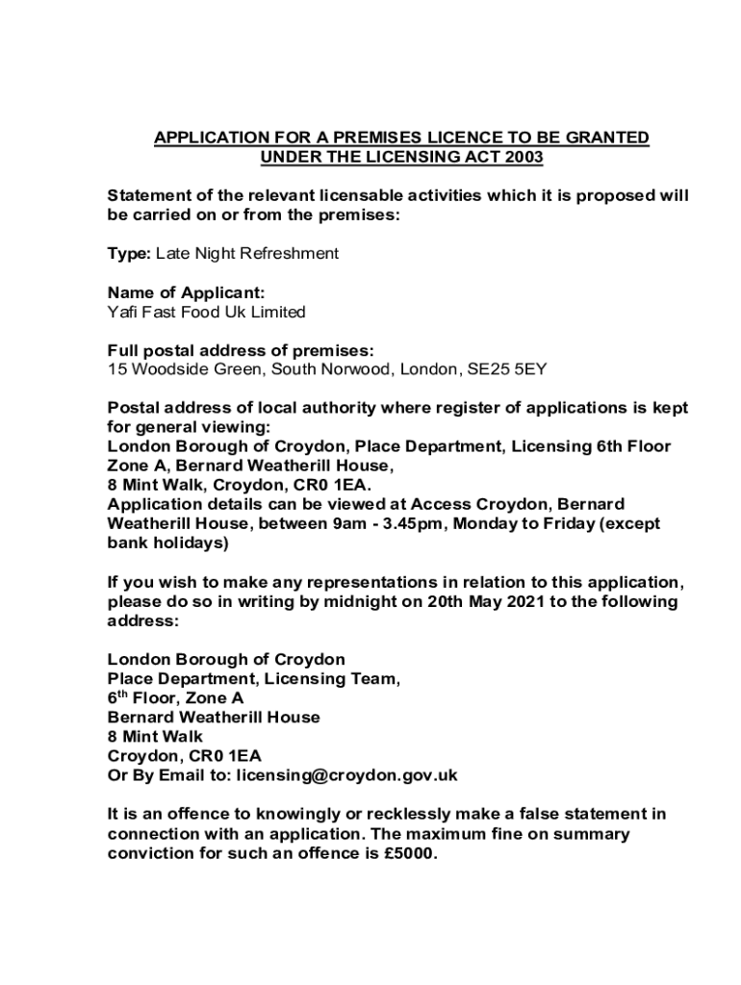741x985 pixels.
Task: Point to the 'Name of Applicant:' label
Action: click(185, 292)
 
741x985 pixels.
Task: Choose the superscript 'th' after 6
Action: click(122, 694)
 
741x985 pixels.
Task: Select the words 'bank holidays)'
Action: click(167, 543)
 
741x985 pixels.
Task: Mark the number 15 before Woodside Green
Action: click(115, 369)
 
